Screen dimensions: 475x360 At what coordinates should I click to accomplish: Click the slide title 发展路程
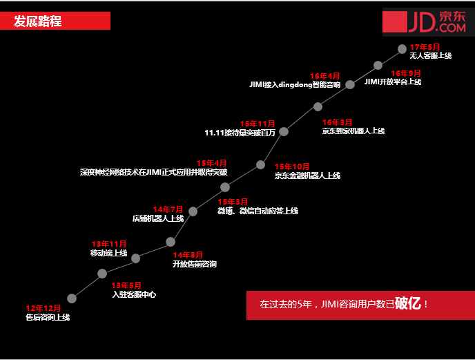[38, 21]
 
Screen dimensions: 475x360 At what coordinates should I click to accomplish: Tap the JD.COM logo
[427, 22]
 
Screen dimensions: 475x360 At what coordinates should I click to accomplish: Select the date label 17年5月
[425, 47]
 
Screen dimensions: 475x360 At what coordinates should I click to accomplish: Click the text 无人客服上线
[430, 55]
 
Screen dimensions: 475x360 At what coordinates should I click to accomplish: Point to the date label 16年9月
[406, 73]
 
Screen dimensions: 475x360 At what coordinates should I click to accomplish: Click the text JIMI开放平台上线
[392, 82]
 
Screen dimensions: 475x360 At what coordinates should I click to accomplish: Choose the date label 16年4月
[324, 76]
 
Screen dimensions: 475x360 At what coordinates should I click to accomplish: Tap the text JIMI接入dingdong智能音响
[295, 85]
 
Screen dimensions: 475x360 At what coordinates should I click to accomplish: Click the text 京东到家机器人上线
[353, 131]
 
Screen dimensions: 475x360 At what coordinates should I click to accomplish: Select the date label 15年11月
[258, 124]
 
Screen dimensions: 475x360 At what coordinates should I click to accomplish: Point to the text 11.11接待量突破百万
[240, 133]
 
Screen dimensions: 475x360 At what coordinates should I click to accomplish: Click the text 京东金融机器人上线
[307, 176]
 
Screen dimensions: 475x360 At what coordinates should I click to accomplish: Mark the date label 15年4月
[211, 163]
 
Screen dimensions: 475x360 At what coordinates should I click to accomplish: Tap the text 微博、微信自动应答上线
[258, 210]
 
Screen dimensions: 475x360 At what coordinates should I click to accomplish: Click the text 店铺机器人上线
[158, 218]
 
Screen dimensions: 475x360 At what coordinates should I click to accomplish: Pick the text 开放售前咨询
[194, 264]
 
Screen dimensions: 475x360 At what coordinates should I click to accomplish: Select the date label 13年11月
[109, 244]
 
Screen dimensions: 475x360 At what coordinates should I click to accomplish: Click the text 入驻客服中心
[133, 294]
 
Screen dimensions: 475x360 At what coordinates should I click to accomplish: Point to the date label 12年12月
[43, 308]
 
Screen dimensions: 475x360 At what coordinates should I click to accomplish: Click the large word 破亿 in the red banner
[409, 303]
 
